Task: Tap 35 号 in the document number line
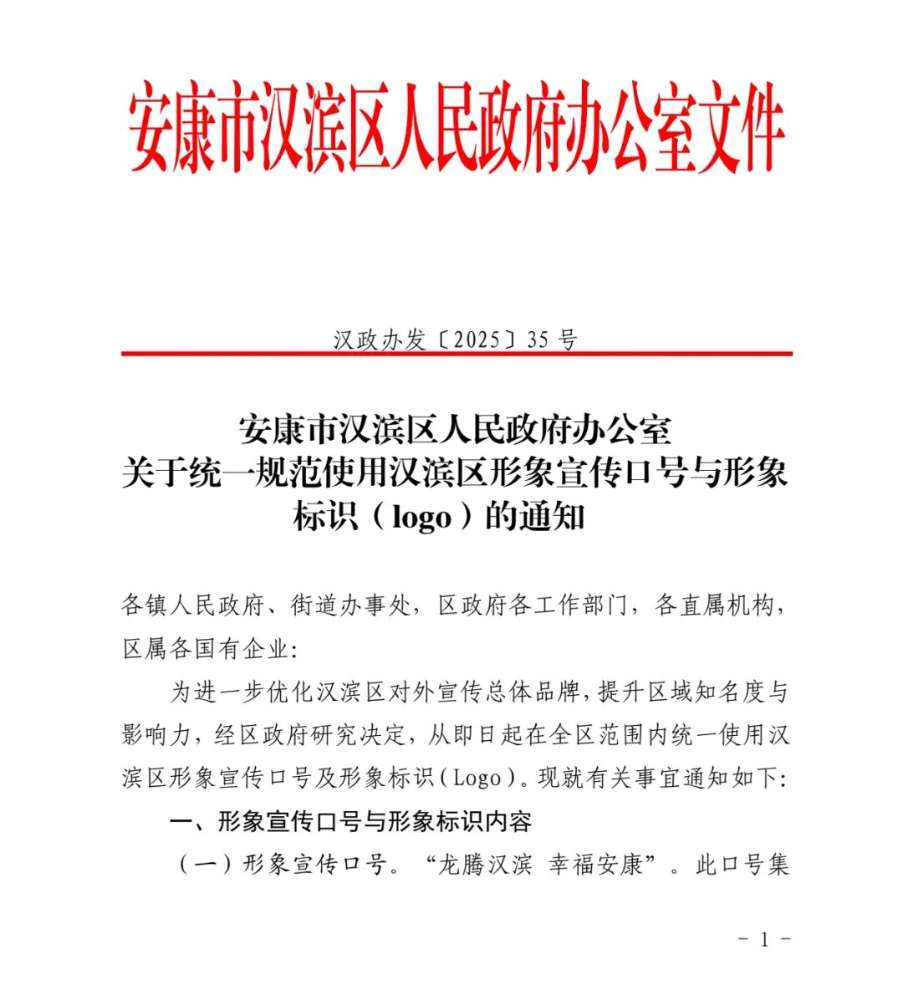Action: tap(553, 340)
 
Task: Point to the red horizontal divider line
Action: tap(456, 354)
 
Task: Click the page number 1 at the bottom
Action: tap(763, 939)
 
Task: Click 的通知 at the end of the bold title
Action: tap(535, 518)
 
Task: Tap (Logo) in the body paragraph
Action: tap(477, 778)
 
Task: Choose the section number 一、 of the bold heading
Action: tap(189, 821)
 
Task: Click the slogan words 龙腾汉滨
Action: tap(484, 864)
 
